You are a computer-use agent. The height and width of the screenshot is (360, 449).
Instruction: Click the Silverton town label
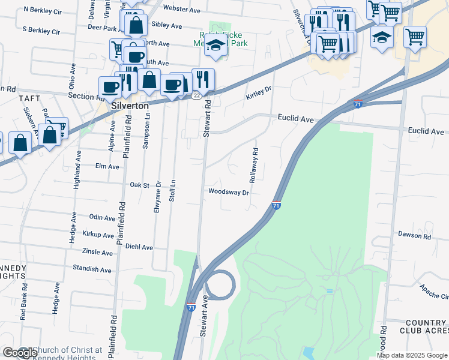pyautogui.click(x=131, y=105)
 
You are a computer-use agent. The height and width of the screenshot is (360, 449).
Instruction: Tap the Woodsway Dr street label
pyautogui.click(x=229, y=193)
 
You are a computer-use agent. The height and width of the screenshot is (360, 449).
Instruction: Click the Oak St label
pyautogui.click(x=139, y=185)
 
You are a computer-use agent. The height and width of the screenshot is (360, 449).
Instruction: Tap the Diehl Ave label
pyautogui.click(x=139, y=247)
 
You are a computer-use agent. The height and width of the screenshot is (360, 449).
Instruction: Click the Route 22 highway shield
pyautogui.click(x=196, y=95)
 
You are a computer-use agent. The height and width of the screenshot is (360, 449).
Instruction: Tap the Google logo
pyautogui.click(x=19, y=353)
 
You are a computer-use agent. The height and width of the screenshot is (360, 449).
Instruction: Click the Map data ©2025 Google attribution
pyautogui.click(x=411, y=355)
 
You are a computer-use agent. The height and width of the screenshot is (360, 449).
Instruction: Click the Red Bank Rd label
pyautogui.click(x=23, y=307)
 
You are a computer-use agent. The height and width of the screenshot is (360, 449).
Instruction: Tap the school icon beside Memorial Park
pyautogui.click(x=215, y=45)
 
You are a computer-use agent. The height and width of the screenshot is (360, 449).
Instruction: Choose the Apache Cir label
pyautogui.click(x=435, y=292)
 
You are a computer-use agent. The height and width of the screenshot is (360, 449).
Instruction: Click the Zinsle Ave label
pyautogui.click(x=98, y=253)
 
